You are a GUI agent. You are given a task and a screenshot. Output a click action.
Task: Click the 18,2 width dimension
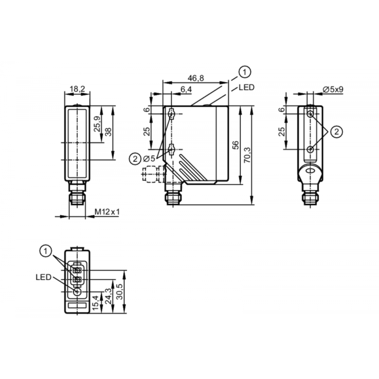(77, 89)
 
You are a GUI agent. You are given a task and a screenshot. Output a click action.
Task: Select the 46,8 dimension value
(196, 78)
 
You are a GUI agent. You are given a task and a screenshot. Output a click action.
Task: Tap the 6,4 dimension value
(186, 89)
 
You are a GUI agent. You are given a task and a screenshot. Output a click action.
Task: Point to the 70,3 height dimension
(247, 155)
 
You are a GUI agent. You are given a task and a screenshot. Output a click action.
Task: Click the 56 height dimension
(235, 145)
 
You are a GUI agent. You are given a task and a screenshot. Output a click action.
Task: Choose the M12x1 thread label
(107, 212)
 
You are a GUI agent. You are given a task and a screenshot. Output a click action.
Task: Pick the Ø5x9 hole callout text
(333, 89)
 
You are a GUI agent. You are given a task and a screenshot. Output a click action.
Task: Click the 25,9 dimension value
(97, 124)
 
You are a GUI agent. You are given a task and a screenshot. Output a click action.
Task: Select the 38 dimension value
(108, 132)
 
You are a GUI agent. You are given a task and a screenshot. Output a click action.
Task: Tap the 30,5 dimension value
(119, 291)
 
